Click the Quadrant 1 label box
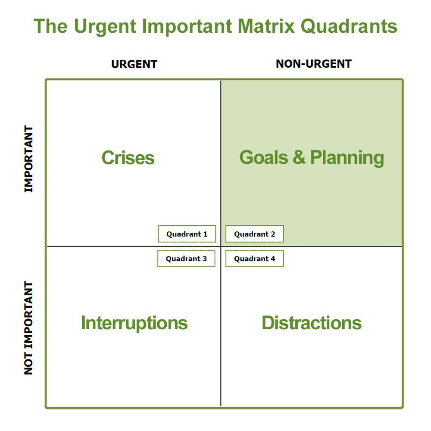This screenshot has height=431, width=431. pyautogui.click(x=187, y=234)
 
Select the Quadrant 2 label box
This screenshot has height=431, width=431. pyautogui.click(x=254, y=234)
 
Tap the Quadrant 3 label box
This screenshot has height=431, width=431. pyautogui.click(x=186, y=259)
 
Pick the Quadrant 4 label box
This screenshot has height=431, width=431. pyautogui.click(x=254, y=259)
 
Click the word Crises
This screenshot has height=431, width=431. pyautogui.click(x=128, y=158)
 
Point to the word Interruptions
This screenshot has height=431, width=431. pyautogui.click(x=134, y=323)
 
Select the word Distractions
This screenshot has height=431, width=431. pyautogui.click(x=312, y=323)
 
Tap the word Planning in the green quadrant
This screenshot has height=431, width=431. pyautogui.click(x=347, y=158)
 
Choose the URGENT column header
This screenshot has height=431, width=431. pyautogui.click(x=134, y=65)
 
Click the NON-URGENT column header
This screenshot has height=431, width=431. pyautogui.click(x=314, y=64)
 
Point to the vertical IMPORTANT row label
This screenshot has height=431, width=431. pyautogui.click(x=28, y=159)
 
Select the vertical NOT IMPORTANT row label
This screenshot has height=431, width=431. pyautogui.click(x=28, y=328)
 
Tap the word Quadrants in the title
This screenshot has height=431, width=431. pyautogui.click(x=349, y=27)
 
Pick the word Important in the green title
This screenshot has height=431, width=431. pyautogui.click(x=187, y=27)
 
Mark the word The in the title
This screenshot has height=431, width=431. pyautogui.click(x=51, y=27)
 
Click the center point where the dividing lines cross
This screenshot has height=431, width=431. pyautogui.click(x=221, y=246)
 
